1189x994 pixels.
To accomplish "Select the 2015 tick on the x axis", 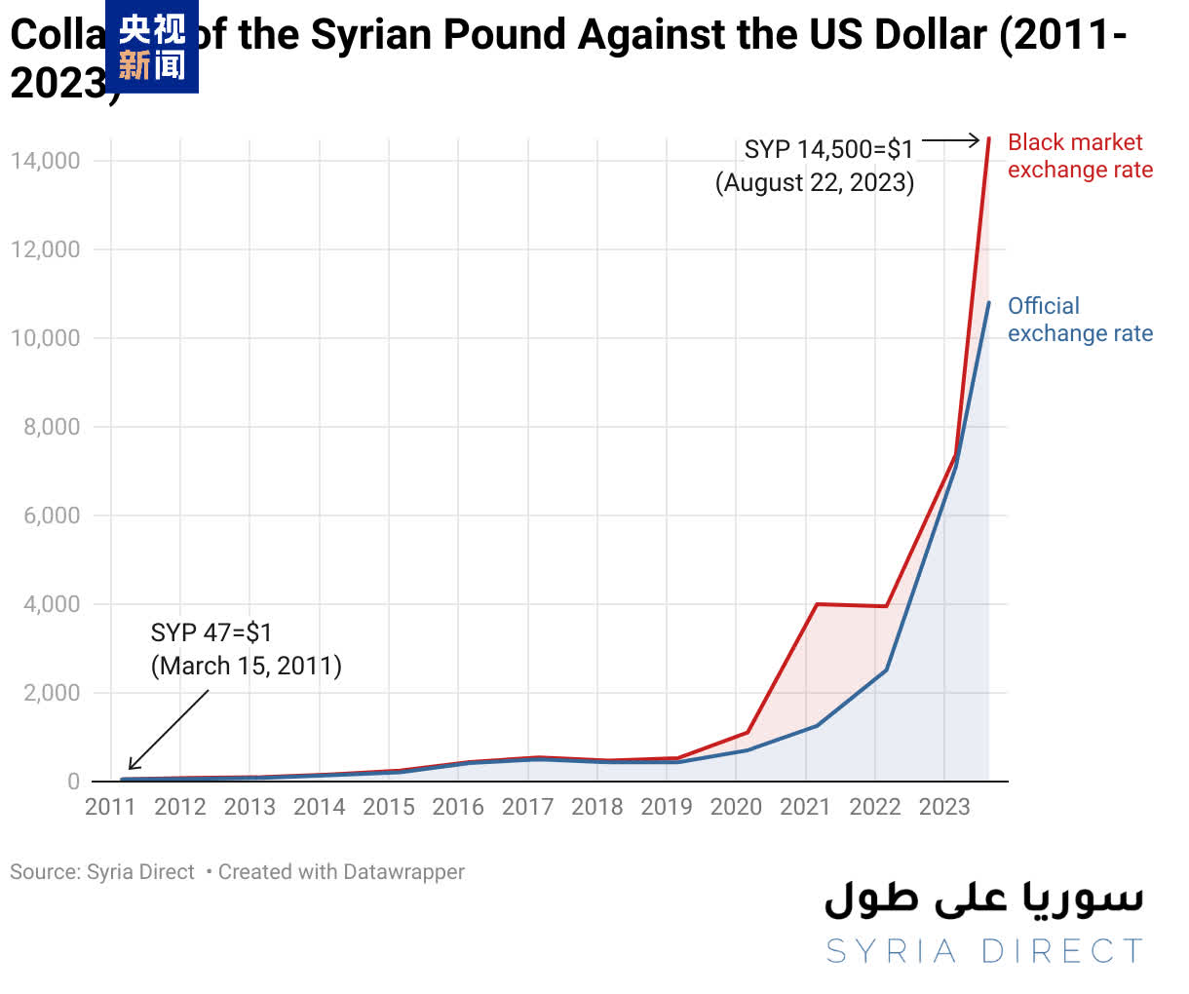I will tap(389, 807).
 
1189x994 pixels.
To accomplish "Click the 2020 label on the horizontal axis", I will tap(736, 807).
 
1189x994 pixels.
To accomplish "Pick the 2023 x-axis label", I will tap(944, 807).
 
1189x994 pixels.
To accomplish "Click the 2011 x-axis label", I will tap(110, 807).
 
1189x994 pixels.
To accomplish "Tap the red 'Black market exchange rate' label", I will tap(1080, 156).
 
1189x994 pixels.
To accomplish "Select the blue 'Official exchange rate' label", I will tap(1080, 320).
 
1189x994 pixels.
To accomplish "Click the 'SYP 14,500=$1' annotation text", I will tap(828, 149).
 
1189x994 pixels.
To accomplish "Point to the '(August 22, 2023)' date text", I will tap(815, 182).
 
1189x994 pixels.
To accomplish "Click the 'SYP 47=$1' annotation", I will tap(211, 632).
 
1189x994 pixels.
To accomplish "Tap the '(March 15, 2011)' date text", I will tap(246, 666).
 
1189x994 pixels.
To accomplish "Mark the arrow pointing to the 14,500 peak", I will tap(951, 141).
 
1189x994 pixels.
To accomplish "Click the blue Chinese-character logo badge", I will tap(152, 47).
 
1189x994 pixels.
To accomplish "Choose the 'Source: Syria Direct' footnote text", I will tap(102, 872).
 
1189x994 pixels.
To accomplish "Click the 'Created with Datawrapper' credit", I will tap(341, 872).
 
